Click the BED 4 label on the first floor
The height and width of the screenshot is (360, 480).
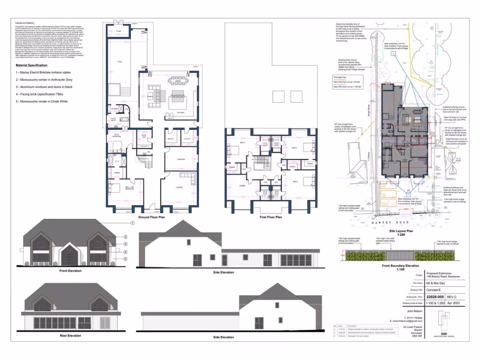[x=294, y=148]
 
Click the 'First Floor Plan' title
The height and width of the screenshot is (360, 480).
[x=270, y=217]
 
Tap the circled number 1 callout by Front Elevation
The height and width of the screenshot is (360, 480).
[x=132, y=223]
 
